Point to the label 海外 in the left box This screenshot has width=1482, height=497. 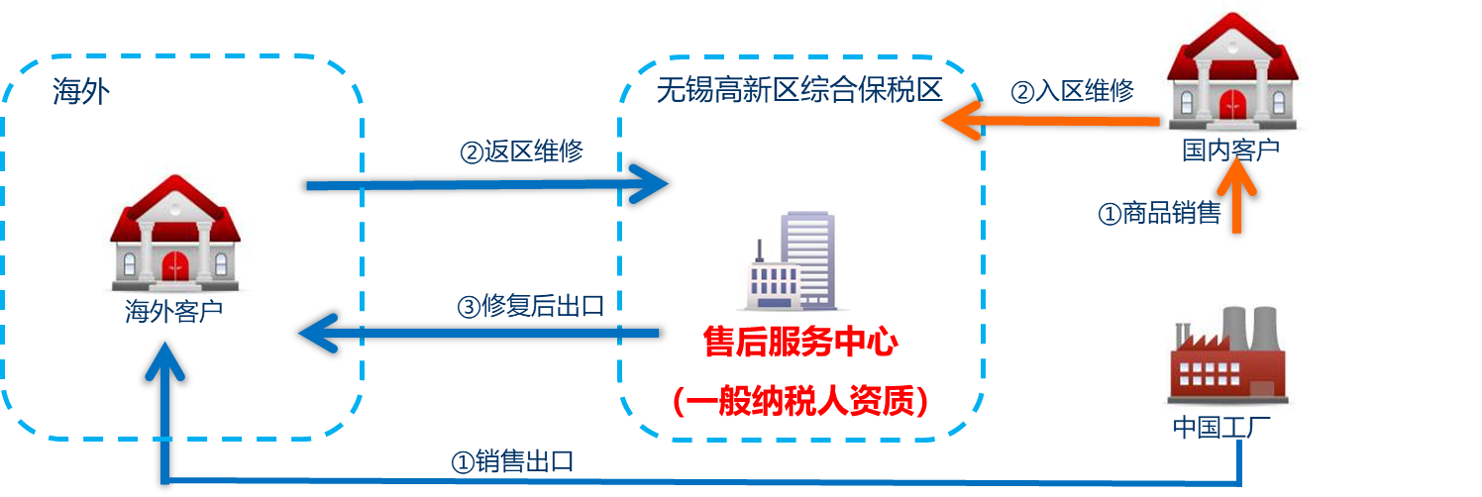pyautogui.click(x=80, y=94)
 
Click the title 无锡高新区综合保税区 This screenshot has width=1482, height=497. pyautogui.click(x=798, y=91)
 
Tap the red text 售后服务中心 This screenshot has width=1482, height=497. pyautogui.click(x=800, y=344)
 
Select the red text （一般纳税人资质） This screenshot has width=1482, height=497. pyautogui.click(x=799, y=400)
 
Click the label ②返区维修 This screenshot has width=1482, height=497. pyautogui.click(x=522, y=152)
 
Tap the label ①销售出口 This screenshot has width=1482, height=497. pyautogui.click(x=512, y=461)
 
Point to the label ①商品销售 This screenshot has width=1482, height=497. pyautogui.click(x=1159, y=213)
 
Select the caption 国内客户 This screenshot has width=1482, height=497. pyautogui.click(x=1230, y=151)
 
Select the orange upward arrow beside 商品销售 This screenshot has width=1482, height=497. pyautogui.click(x=1236, y=198)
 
